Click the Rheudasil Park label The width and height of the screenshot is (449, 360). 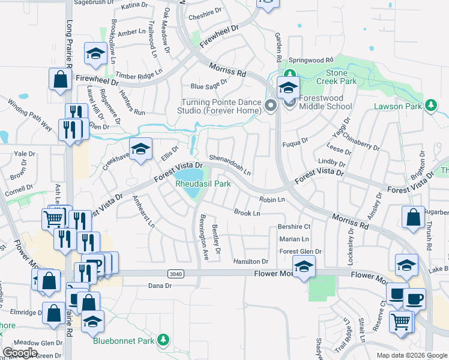203,184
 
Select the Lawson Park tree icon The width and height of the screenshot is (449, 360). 430,106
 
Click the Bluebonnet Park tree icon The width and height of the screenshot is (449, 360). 163,341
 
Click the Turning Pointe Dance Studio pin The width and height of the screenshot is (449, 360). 270,106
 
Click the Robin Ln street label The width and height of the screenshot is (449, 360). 271,199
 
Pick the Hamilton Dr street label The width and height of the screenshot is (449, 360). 251,262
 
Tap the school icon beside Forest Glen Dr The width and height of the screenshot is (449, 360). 304,266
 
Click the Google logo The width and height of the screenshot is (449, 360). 20,353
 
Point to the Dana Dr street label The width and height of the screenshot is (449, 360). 160,286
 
